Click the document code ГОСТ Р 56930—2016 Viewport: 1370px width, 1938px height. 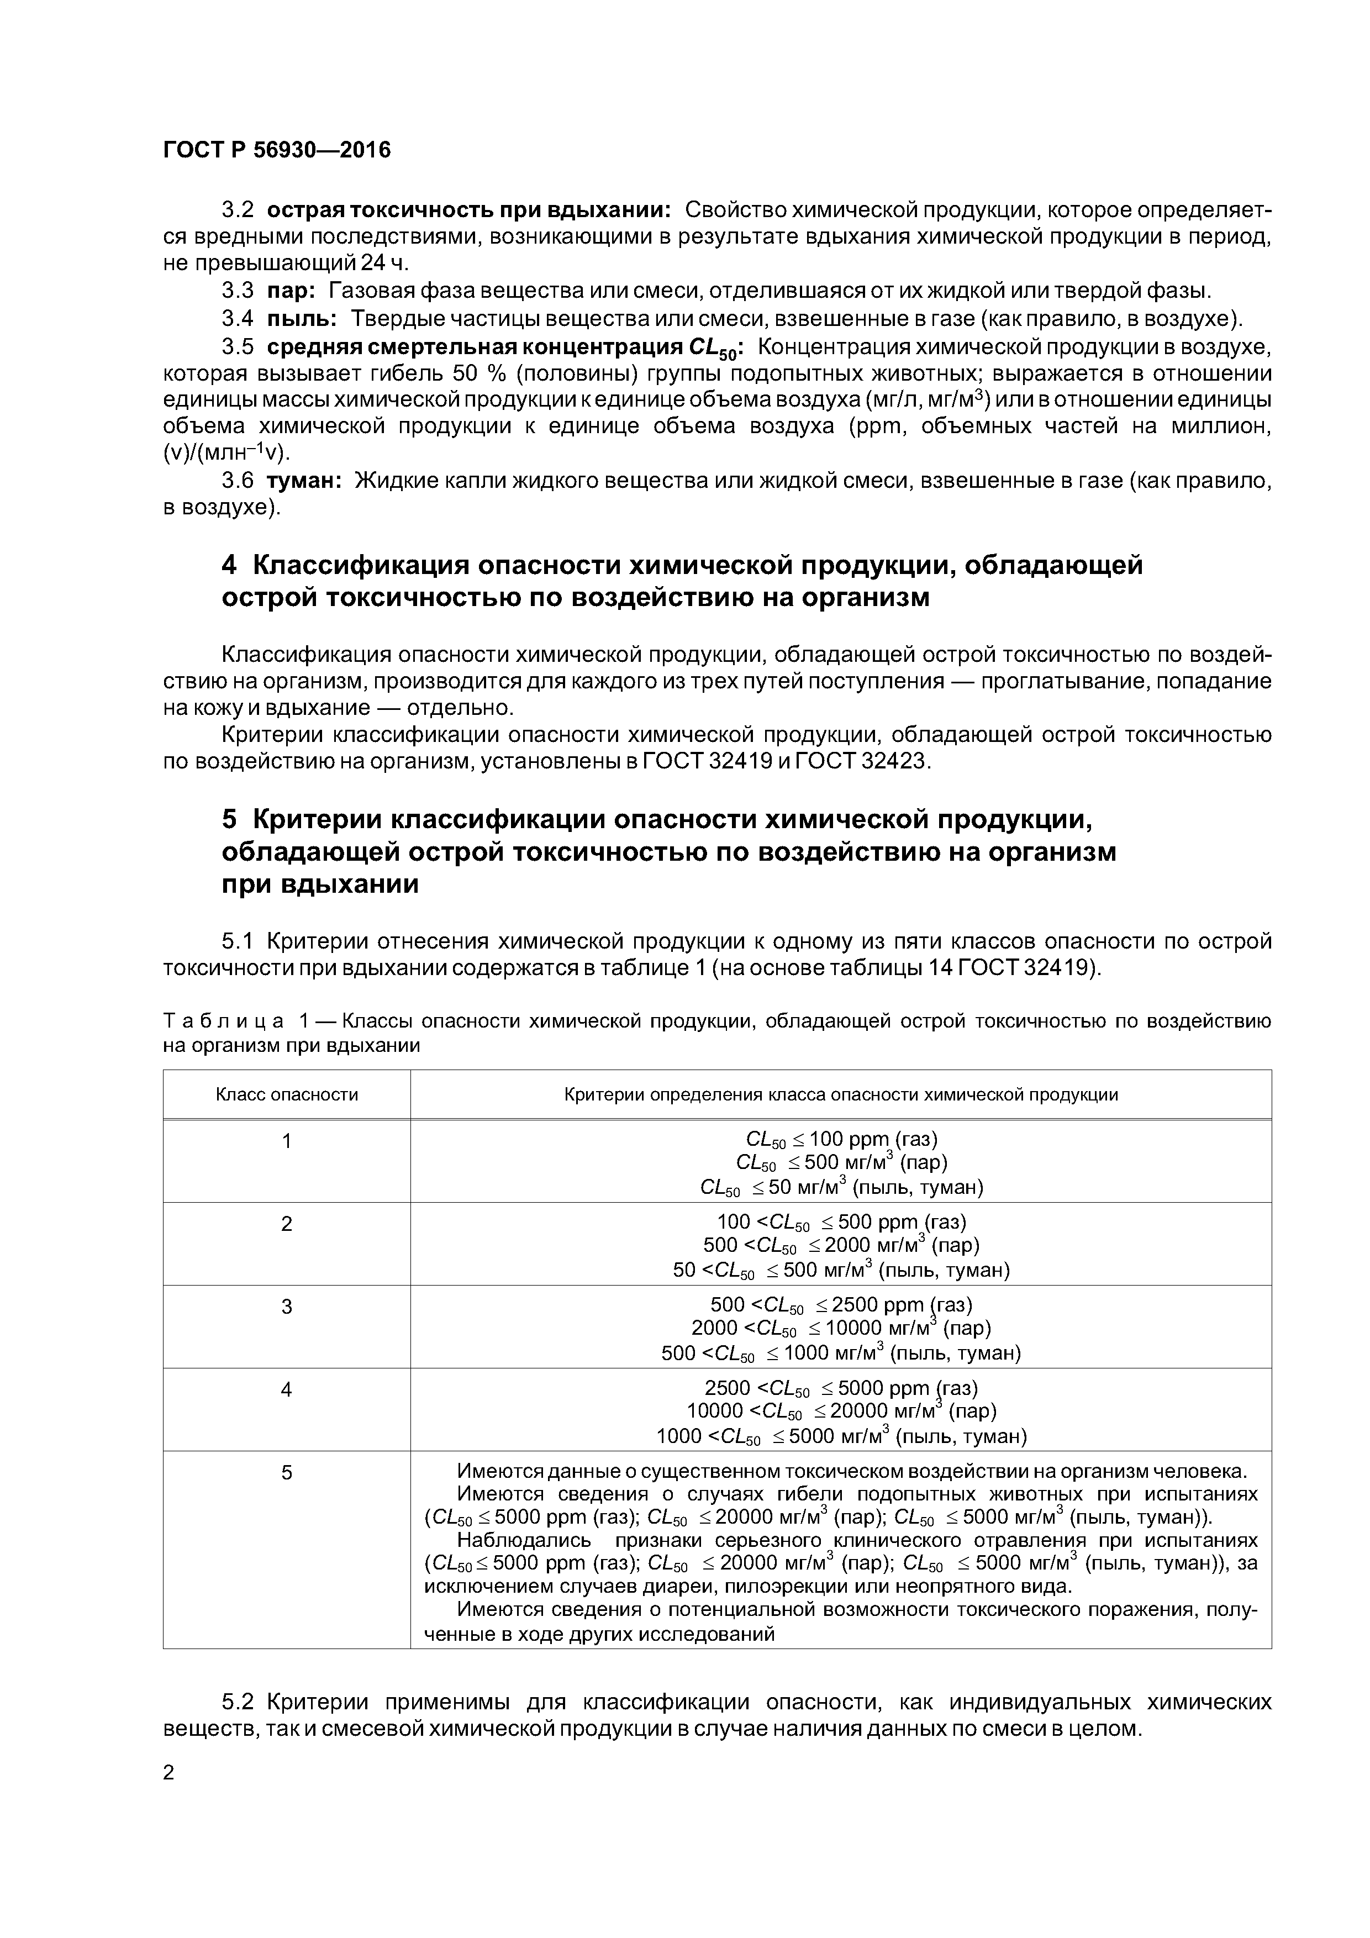[277, 150]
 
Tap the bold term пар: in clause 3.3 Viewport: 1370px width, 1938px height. [291, 291]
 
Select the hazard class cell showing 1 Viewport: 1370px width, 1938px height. [287, 1141]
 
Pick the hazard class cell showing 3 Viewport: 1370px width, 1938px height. [287, 1307]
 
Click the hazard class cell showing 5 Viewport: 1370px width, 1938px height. [287, 1472]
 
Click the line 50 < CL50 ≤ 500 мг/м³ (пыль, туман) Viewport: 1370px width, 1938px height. [841, 1270]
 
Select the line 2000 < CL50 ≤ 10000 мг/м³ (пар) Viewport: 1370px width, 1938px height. [841, 1328]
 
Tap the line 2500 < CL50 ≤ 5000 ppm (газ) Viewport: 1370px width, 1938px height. [841, 1388]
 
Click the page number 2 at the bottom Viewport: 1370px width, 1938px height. [169, 1773]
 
